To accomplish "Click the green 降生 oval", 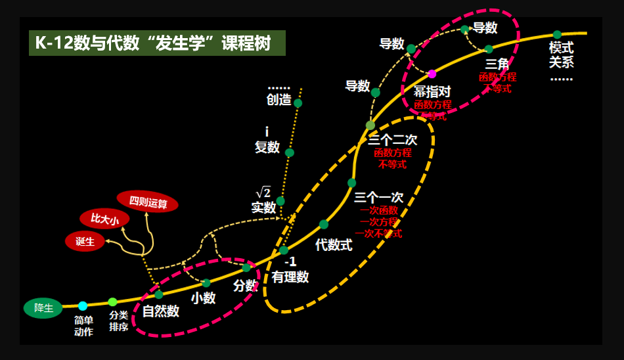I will (x=43, y=307).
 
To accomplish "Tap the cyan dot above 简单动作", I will (x=83, y=305).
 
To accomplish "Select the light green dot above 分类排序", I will (x=112, y=302).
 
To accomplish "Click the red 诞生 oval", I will (x=85, y=241).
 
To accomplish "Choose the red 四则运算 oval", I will (x=148, y=202).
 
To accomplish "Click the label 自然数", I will (x=161, y=311).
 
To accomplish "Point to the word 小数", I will (x=204, y=298).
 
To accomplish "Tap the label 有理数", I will (x=290, y=277).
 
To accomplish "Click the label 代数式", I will (x=334, y=245).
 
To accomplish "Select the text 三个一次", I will (x=378, y=197).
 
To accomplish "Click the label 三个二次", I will (x=392, y=140).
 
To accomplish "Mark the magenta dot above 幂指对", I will (x=432, y=74).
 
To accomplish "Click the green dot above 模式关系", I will (x=557, y=35).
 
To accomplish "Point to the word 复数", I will (x=267, y=146).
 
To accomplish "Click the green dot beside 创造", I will (x=298, y=102).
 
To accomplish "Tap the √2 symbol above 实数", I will (x=263, y=192).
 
